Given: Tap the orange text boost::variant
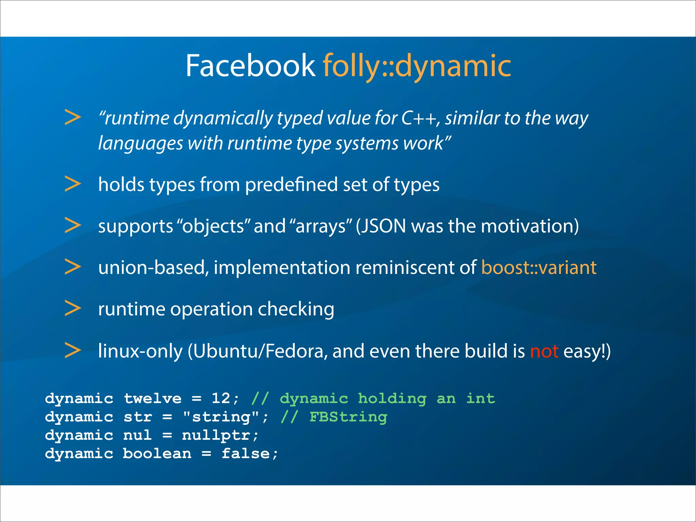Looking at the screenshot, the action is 539,267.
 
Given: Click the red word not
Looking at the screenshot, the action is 544,351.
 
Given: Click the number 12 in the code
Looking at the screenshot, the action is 221,398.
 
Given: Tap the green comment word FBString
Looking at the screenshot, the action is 348,417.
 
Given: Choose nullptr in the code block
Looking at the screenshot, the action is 216,435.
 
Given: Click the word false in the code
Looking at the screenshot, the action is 245,454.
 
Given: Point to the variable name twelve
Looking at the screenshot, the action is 153,398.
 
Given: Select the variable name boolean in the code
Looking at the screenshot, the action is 157,454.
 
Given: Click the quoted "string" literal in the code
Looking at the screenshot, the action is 221,417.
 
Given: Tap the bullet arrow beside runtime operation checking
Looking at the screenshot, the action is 73,308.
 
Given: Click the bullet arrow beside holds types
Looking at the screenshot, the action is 73,184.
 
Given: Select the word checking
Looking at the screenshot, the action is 296,310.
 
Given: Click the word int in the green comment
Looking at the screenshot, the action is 480,398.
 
